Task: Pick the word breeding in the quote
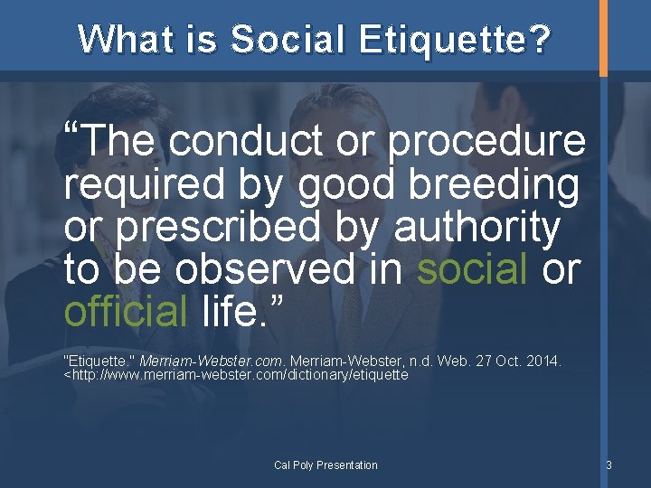[x=495, y=185]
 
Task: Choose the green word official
[x=125, y=312]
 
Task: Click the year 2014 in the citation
[x=545, y=361]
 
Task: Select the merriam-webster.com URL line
[x=237, y=374]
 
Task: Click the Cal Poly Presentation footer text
[x=325, y=465]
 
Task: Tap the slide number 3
[x=609, y=465]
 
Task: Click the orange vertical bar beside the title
[x=604, y=37]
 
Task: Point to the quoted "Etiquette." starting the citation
[x=97, y=361]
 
